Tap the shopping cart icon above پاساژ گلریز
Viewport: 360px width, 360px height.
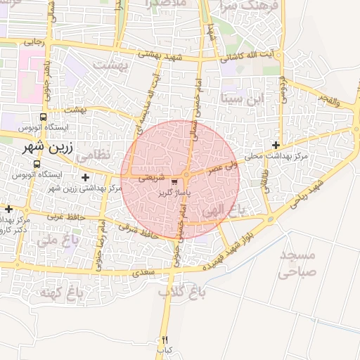point(174,182)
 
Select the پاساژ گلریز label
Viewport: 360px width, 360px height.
point(174,192)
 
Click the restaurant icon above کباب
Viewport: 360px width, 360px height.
point(165,340)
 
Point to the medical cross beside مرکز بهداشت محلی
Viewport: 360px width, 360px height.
point(276,145)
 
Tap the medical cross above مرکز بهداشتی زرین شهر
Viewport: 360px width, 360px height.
point(86,177)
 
